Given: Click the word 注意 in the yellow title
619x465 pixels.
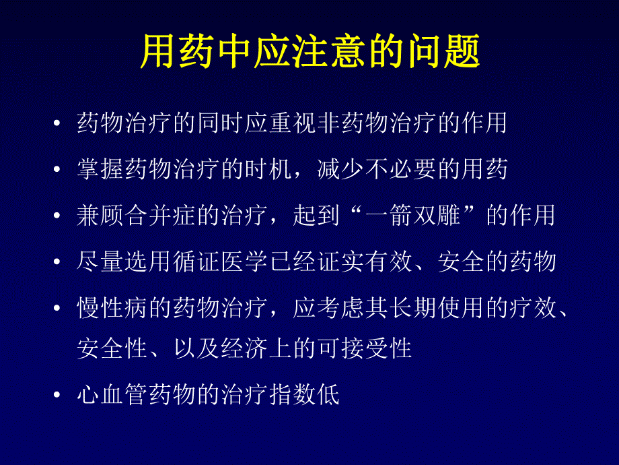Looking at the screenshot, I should coord(311,53).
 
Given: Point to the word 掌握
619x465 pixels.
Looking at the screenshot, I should coord(101,169).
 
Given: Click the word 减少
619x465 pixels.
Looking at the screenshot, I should coord(340,169).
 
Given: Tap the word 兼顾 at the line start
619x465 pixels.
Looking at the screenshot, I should coord(101,215).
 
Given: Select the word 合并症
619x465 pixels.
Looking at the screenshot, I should coord(160,215).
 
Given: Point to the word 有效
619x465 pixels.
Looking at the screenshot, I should coord(388,260).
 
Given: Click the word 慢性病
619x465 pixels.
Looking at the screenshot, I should coord(113,307).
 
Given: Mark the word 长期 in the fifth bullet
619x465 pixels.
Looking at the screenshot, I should coord(411,307).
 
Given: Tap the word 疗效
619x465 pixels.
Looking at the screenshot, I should coord(532,307).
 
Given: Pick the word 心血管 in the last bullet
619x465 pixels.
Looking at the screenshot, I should coord(113,395).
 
